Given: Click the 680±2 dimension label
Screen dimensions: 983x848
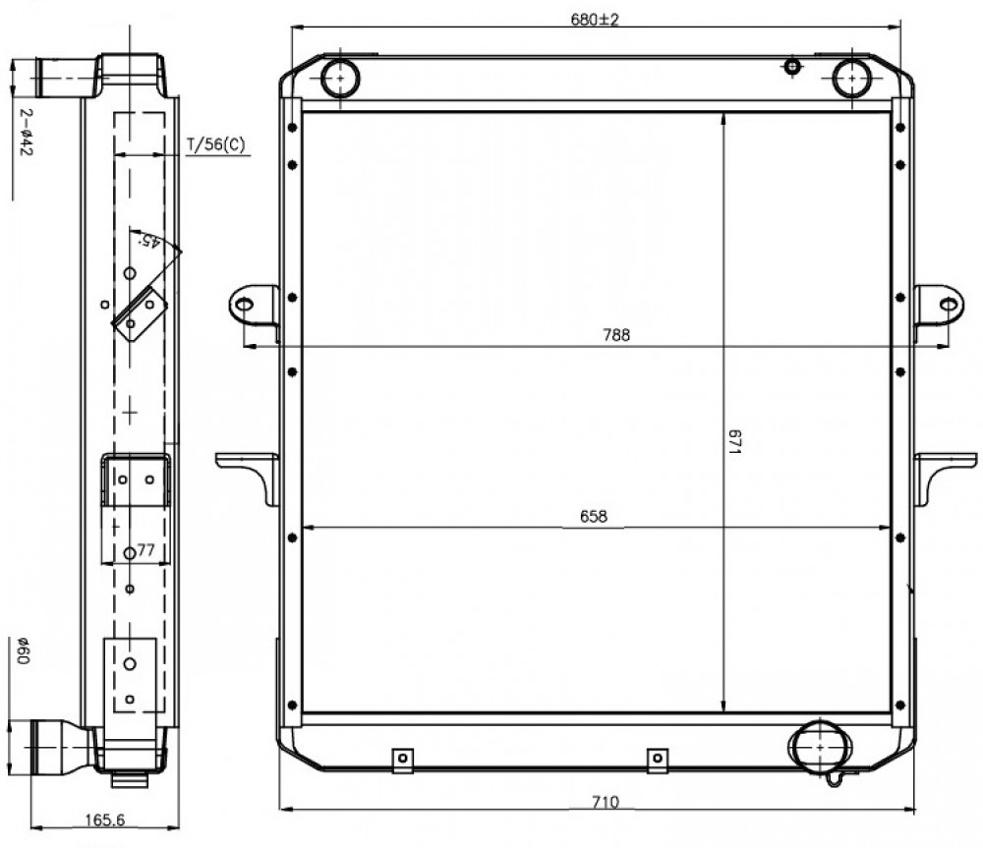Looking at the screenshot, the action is [595, 20].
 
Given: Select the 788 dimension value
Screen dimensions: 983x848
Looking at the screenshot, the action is [616, 335].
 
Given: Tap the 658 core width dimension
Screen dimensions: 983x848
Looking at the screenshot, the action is [593, 517].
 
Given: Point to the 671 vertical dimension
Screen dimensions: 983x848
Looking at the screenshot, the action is [734, 442].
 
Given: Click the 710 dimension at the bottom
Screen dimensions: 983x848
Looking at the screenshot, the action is [605, 802].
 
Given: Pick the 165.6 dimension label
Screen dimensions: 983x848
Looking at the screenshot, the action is [105, 820].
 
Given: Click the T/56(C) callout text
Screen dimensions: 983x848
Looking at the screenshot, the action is [216, 144].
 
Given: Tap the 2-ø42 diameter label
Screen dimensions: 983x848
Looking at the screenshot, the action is [26, 133].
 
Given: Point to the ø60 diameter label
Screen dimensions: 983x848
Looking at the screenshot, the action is [23, 650].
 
